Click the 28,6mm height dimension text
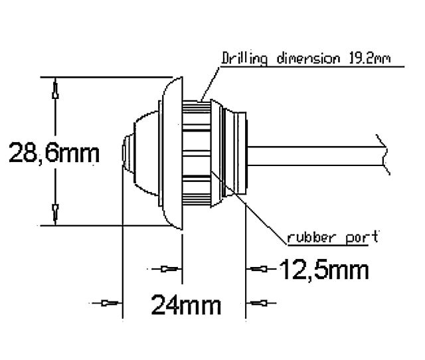[x=54, y=153]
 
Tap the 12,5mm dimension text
[x=324, y=270]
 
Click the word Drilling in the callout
[x=244, y=58]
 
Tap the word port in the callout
[x=358, y=236]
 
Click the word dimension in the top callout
[x=308, y=58]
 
